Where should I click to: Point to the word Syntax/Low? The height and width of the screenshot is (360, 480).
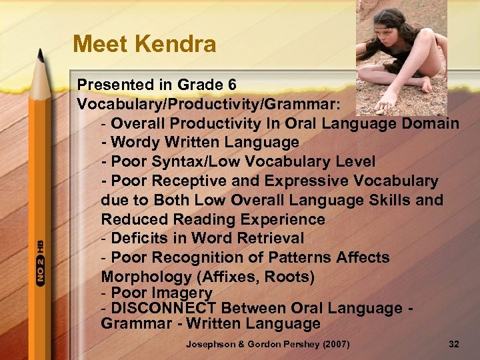point(182,162)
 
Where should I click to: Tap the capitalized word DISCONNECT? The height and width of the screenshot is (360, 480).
point(164,308)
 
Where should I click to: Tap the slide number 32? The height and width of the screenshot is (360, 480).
point(454,345)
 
